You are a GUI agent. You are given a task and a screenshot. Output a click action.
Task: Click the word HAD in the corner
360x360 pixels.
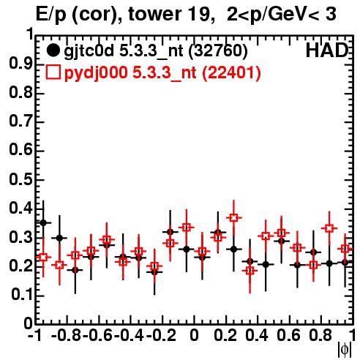point(327,50)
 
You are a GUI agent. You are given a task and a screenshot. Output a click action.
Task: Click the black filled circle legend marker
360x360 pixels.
point(53,50)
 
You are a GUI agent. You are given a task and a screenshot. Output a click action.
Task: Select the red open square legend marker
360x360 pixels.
point(53,72)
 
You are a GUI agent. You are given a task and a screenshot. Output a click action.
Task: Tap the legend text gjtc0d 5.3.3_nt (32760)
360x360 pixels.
point(156,51)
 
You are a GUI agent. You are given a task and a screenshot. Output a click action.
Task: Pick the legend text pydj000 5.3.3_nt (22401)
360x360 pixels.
point(162,72)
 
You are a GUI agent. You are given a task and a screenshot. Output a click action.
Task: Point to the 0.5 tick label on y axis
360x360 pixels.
point(20,179)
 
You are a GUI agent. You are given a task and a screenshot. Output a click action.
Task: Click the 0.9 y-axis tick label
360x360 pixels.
point(20,64)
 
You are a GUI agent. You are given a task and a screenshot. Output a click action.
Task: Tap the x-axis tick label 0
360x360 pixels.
point(194,335)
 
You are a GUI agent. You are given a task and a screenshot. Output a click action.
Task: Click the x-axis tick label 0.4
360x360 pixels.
point(257,335)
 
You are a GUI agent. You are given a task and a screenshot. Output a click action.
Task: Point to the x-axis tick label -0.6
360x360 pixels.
point(97,335)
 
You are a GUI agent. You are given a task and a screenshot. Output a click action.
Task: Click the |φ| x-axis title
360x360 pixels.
point(345,350)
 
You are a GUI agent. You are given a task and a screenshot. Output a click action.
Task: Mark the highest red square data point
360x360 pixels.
point(233,217)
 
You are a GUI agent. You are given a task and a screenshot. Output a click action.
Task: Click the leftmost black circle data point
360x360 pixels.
point(43,222)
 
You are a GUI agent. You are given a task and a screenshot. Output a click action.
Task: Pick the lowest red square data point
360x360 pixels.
point(250,271)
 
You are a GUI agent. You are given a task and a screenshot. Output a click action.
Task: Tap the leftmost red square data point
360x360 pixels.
point(43,257)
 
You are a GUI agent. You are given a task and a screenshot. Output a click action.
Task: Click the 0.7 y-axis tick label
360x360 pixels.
point(20,121)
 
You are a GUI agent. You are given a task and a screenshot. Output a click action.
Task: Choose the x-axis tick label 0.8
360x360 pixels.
point(320,335)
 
